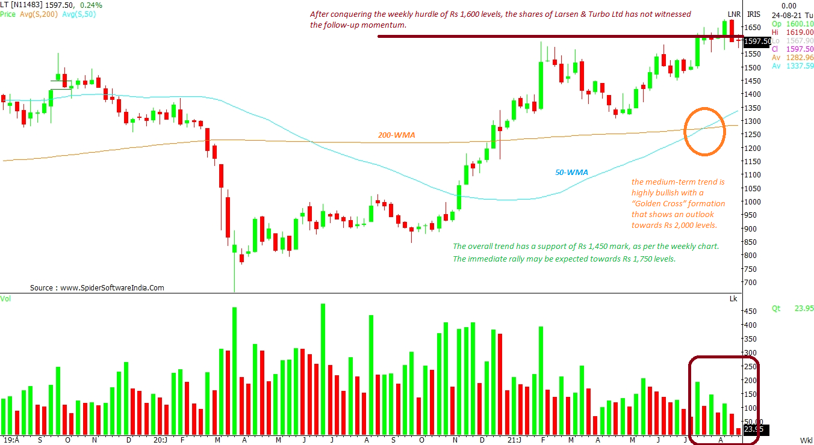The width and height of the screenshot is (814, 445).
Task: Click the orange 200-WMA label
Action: click(x=396, y=136)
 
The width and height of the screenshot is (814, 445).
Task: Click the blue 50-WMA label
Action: click(x=571, y=173)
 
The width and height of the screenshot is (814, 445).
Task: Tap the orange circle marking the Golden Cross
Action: click(x=704, y=132)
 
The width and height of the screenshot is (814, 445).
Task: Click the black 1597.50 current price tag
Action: click(x=757, y=41)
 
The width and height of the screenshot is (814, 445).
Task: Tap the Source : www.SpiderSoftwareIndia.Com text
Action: click(x=97, y=288)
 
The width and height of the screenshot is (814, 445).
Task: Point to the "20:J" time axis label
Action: click(x=160, y=440)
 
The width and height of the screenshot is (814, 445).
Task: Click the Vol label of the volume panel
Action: click(x=5, y=298)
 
